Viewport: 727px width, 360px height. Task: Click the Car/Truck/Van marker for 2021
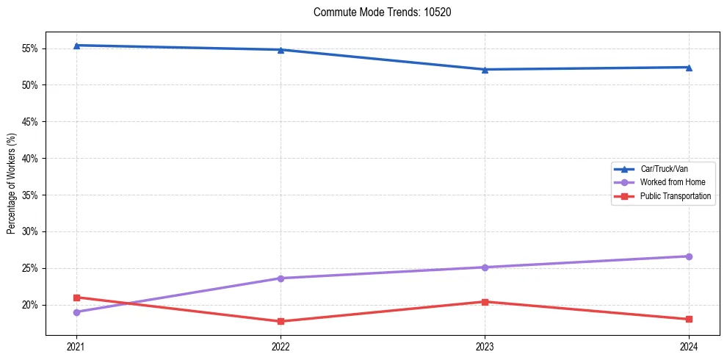tap(76, 46)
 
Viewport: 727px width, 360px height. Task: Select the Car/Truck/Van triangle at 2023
tap(485, 70)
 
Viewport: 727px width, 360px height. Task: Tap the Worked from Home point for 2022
tap(281, 278)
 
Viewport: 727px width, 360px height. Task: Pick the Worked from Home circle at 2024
tap(689, 256)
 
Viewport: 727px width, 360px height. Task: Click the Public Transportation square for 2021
tap(76, 298)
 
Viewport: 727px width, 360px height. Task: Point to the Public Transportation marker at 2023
tap(485, 302)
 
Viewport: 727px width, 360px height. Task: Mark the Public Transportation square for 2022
tap(281, 321)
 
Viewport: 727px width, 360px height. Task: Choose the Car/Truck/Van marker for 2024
tap(689, 68)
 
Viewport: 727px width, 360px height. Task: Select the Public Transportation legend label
tap(675, 196)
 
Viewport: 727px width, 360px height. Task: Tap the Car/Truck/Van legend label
tap(664, 169)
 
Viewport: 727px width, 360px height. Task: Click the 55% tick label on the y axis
tap(32, 48)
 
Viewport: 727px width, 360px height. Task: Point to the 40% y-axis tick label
tap(32, 159)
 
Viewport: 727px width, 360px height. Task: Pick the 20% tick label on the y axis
tap(32, 305)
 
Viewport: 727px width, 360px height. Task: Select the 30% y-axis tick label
tap(32, 231)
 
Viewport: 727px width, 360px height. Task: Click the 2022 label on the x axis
tap(281, 346)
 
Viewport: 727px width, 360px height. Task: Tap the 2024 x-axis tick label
tap(689, 346)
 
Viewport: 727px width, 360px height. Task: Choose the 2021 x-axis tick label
tap(76, 346)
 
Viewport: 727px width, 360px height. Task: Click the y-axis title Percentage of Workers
tap(11, 184)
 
